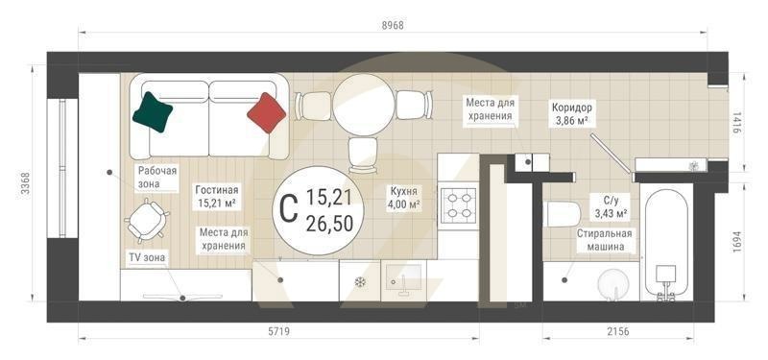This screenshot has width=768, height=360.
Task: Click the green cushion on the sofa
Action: (x=153, y=111)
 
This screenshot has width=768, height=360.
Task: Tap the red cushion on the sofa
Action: (x=268, y=112)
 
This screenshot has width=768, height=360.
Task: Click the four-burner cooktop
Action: (x=457, y=204)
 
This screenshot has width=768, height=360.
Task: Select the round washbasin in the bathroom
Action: (x=613, y=285)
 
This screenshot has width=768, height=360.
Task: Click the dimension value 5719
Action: (x=278, y=332)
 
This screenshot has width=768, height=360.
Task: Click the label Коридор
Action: (x=573, y=108)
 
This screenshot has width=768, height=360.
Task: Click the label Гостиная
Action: (x=217, y=190)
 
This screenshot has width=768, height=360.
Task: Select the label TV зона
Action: (x=149, y=258)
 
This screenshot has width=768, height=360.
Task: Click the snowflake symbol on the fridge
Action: (x=361, y=282)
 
